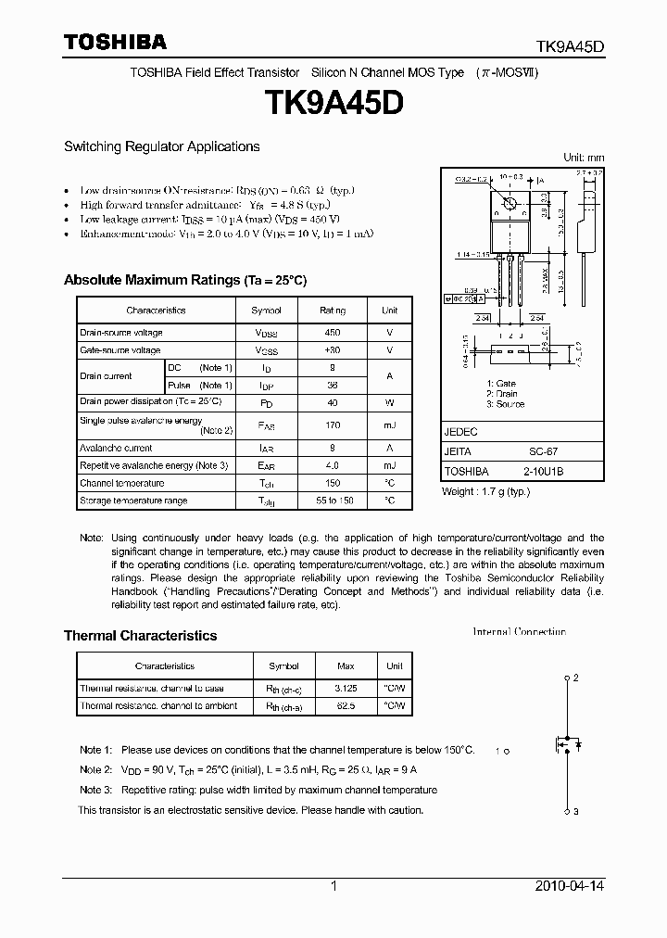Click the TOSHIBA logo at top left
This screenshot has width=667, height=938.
point(115,42)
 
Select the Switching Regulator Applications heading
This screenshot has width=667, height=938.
point(161,146)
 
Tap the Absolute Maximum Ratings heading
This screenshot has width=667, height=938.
point(184,280)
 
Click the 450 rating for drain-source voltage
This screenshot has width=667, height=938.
point(332,332)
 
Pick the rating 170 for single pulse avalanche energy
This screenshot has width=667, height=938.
point(332,425)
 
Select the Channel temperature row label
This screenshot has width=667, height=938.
point(122,483)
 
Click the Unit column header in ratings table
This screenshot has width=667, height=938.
point(389,311)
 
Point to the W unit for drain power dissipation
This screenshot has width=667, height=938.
point(389,402)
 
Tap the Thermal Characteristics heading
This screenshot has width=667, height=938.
point(140,636)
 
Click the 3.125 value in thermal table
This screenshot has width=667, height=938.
point(346,689)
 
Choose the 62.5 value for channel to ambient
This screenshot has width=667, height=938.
point(346,705)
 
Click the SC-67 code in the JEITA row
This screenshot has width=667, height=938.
point(543,451)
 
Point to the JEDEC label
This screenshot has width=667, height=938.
point(460,432)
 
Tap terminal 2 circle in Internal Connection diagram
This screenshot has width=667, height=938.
point(567,678)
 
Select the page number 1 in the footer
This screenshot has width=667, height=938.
point(333,886)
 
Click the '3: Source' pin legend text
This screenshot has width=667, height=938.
point(505,405)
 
